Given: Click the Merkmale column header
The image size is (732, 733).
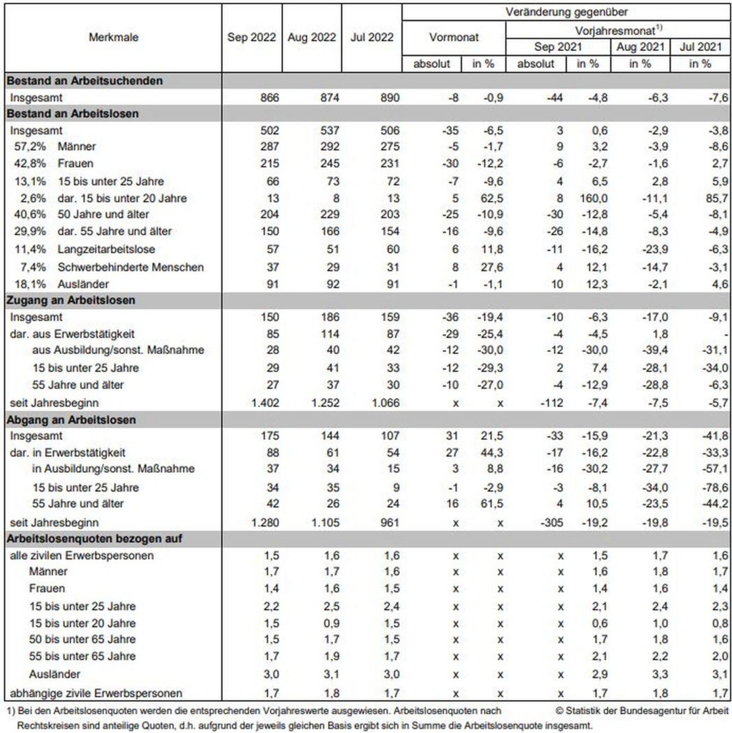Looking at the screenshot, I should [x=113, y=37].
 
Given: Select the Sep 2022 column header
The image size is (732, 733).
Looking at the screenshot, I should [x=251, y=37].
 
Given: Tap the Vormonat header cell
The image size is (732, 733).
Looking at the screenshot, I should [x=453, y=37].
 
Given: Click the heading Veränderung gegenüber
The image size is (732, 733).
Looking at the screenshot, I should [x=566, y=12].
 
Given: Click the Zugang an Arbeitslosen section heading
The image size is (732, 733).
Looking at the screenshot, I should [x=71, y=300].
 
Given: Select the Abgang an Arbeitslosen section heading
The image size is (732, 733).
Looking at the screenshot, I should [x=71, y=420].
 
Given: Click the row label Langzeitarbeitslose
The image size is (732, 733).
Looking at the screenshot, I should [x=106, y=249].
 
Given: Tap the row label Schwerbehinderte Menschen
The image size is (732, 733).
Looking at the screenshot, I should [x=130, y=267].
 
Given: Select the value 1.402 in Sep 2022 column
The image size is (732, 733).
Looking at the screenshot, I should [x=265, y=403].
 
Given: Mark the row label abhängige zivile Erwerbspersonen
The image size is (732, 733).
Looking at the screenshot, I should [x=96, y=693].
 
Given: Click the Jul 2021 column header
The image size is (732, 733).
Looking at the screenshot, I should [x=700, y=47].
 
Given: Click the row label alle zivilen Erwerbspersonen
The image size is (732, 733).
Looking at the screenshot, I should [x=82, y=556].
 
